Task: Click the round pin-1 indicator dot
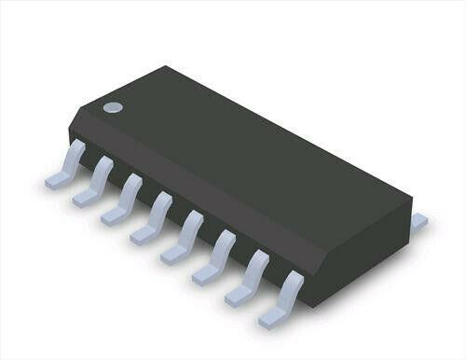[x=113, y=106]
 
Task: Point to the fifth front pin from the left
[x=185, y=234]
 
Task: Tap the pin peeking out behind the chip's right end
[x=418, y=222]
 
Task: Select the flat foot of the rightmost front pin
[x=270, y=317]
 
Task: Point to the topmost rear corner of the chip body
[x=168, y=67]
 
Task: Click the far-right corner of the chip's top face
[x=411, y=199]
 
